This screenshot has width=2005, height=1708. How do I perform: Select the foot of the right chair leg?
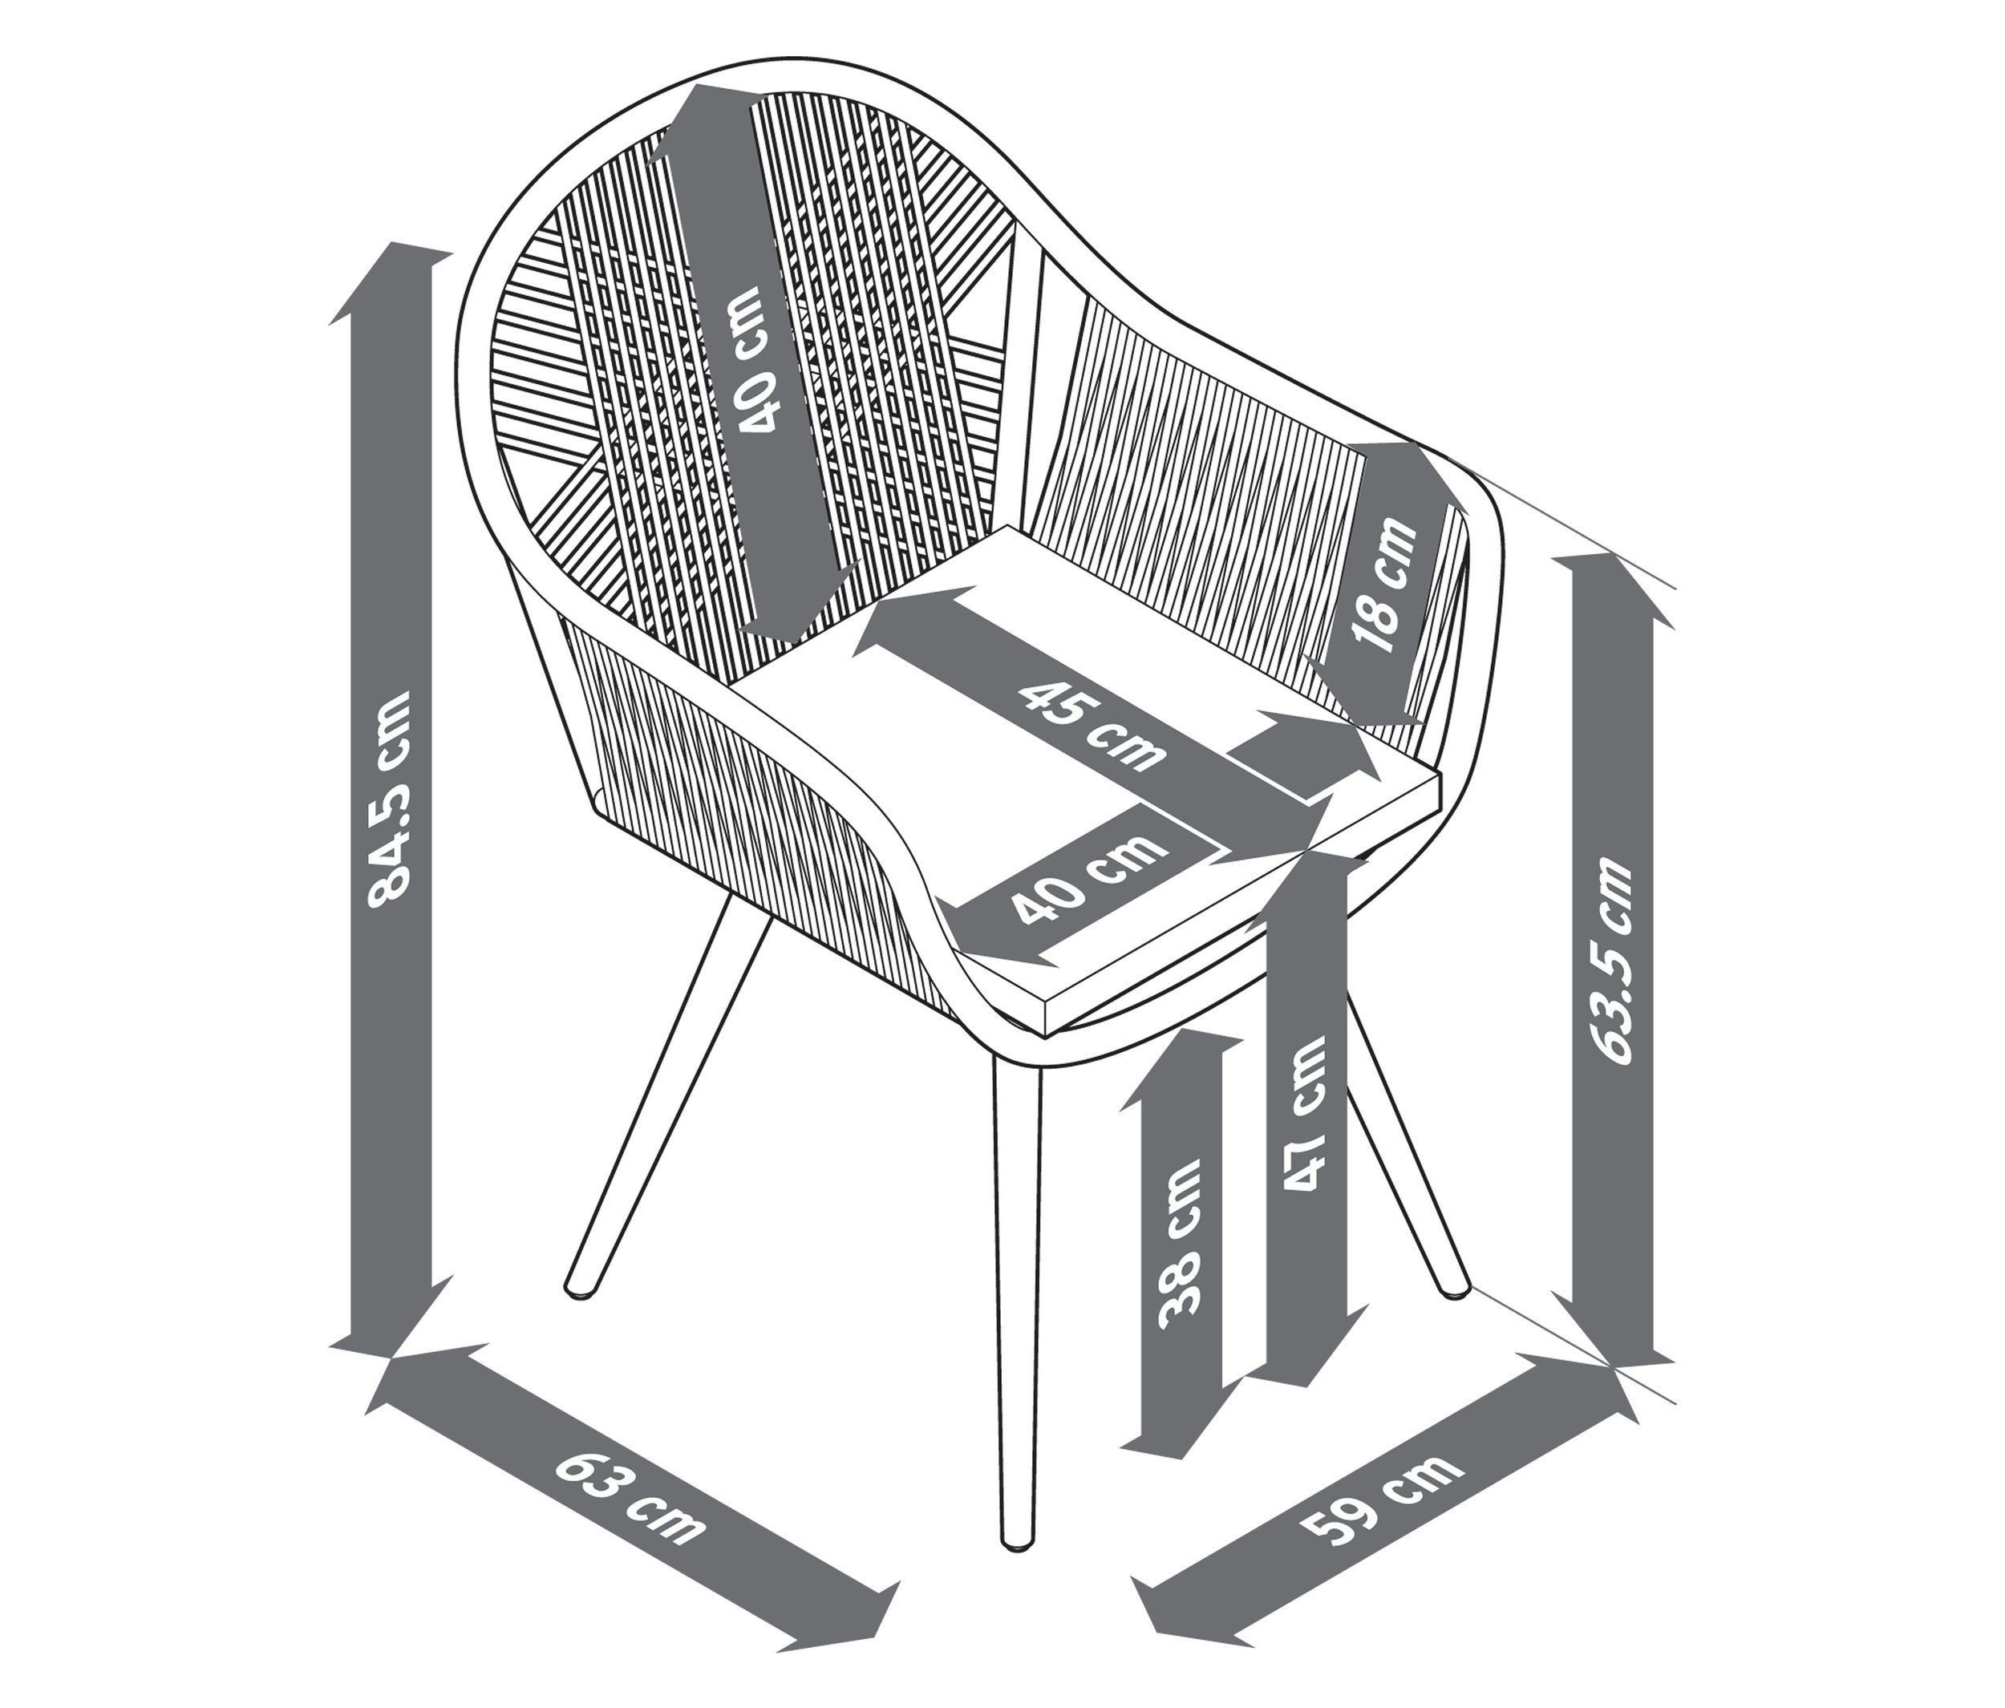click(1456, 1287)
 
